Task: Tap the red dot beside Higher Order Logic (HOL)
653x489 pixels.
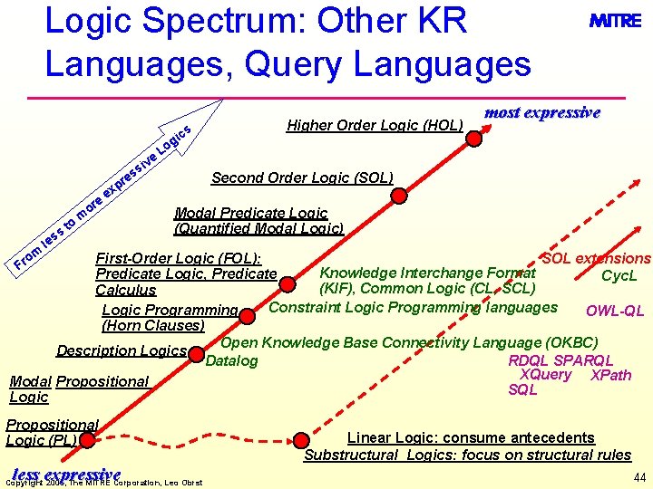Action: tap(473, 139)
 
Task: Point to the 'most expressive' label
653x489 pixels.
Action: tap(542, 113)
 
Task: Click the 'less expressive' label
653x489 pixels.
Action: tap(66, 475)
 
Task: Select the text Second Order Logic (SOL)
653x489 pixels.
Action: tap(301, 177)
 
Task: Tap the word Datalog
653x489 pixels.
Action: tap(232, 362)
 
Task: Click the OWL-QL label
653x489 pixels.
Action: tap(614, 312)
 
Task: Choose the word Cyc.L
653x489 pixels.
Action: tap(619, 275)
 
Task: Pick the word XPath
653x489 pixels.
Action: tap(610, 376)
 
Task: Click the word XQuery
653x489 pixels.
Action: tap(545, 376)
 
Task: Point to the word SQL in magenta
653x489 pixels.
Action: tap(522, 390)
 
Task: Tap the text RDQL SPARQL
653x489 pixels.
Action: tap(560, 360)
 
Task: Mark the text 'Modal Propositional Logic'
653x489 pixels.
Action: tap(78, 389)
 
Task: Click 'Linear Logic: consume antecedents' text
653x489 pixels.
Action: tap(466, 437)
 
